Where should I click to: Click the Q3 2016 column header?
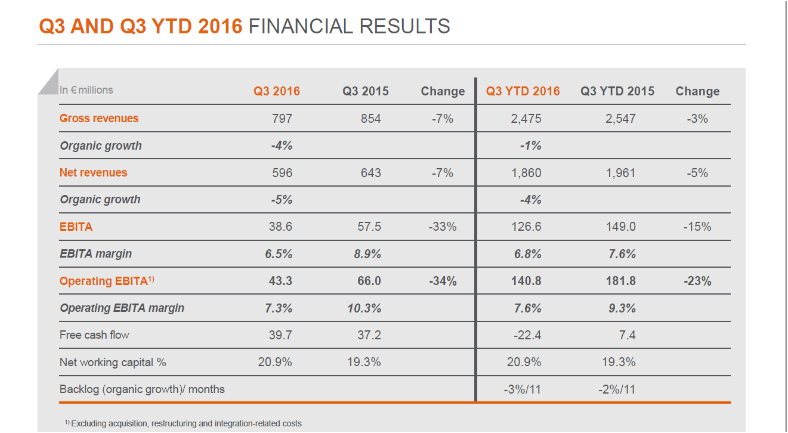point(277,91)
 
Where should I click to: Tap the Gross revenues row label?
point(99,118)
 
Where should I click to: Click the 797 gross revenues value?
point(282,119)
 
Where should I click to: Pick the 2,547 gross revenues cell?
point(620,119)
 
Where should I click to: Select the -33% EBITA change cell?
point(442,227)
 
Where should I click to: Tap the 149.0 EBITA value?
point(621,227)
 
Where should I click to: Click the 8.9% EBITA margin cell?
point(367,254)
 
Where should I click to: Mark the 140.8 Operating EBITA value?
point(526,281)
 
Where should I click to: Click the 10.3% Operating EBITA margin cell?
point(364,308)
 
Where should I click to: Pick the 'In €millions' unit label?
point(86,90)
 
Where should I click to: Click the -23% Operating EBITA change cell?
point(697,281)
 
